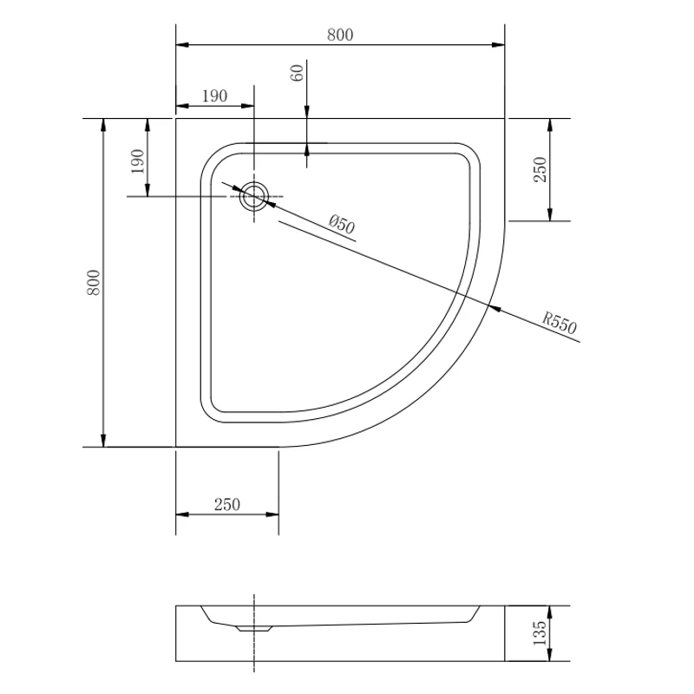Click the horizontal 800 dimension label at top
click(340, 35)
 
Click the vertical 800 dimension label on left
click(94, 283)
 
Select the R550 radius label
click(560, 324)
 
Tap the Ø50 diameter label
click(342, 224)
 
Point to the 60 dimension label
click(298, 73)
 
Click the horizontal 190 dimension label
click(214, 95)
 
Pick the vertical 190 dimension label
click(138, 161)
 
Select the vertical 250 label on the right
click(540, 169)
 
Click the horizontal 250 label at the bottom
click(227, 504)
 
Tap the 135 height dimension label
click(540, 633)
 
